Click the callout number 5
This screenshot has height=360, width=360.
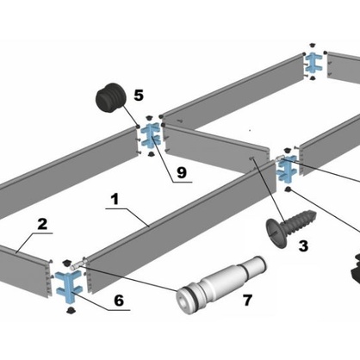[x=139, y=96]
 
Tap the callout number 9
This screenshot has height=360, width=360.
[x=182, y=172]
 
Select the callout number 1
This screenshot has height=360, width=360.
[x=115, y=199]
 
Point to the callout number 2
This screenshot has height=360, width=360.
[x=42, y=224]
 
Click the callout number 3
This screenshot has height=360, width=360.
[x=303, y=246]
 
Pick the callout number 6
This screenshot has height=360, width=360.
[x=119, y=301]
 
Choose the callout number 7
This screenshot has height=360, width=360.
[x=247, y=301]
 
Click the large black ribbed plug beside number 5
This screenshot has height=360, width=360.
[x=111, y=97]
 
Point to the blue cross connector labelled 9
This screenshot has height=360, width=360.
[x=150, y=135]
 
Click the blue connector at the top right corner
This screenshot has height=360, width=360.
[x=313, y=64]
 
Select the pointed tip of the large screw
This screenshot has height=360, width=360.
[x=315, y=214]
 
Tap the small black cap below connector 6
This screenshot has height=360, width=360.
[x=70, y=310]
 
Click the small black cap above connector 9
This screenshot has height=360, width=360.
[x=149, y=118]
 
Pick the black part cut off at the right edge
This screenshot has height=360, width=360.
[x=355, y=268]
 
